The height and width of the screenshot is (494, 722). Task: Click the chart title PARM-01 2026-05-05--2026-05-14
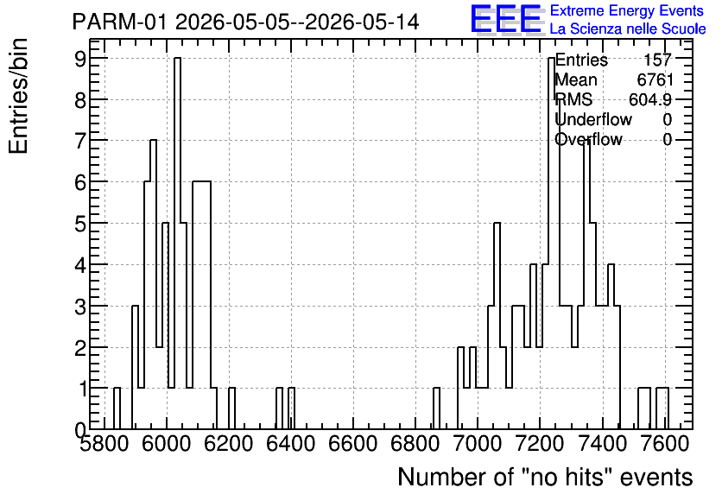[x=245, y=22]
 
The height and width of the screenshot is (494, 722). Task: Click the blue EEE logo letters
[x=506, y=20]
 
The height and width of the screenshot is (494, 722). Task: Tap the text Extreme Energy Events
[x=627, y=10]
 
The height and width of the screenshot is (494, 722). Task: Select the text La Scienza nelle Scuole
[x=628, y=28]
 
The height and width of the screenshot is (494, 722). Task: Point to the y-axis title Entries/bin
[x=19, y=97]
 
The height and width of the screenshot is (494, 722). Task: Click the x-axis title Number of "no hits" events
[x=545, y=477]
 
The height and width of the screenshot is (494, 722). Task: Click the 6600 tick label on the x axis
[x=352, y=444]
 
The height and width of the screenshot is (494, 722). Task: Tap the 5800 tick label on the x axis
[x=104, y=444]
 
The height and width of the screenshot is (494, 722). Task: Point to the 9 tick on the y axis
[x=81, y=58]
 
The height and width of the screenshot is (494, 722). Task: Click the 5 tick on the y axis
[x=81, y=224]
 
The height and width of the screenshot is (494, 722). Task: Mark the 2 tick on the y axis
[x=81, y=347]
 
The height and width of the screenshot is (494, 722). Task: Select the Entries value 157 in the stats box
[x=657, y=60]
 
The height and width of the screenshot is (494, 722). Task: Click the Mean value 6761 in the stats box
[x=655, y=79]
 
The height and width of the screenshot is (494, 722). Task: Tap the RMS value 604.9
[x=650, y=99]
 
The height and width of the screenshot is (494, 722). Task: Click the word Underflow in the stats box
[x=593, y=119]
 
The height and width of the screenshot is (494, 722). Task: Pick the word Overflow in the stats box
[x=589, y=139]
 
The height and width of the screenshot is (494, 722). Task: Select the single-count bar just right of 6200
[x=232, y=408]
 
